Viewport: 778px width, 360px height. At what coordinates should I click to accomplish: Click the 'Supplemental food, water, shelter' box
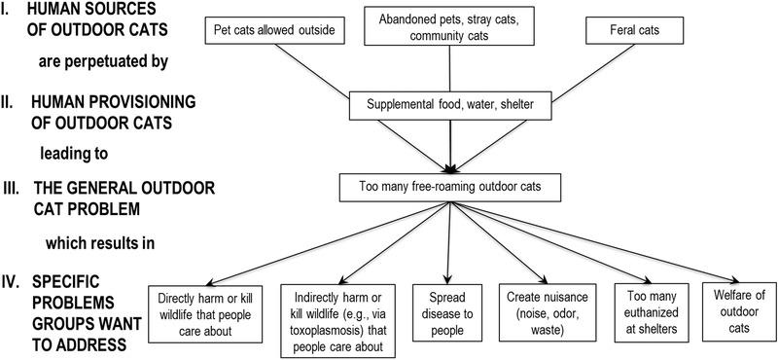[x=449, y=103]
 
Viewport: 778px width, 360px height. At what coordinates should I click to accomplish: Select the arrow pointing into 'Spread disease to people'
[x=447, y=243]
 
